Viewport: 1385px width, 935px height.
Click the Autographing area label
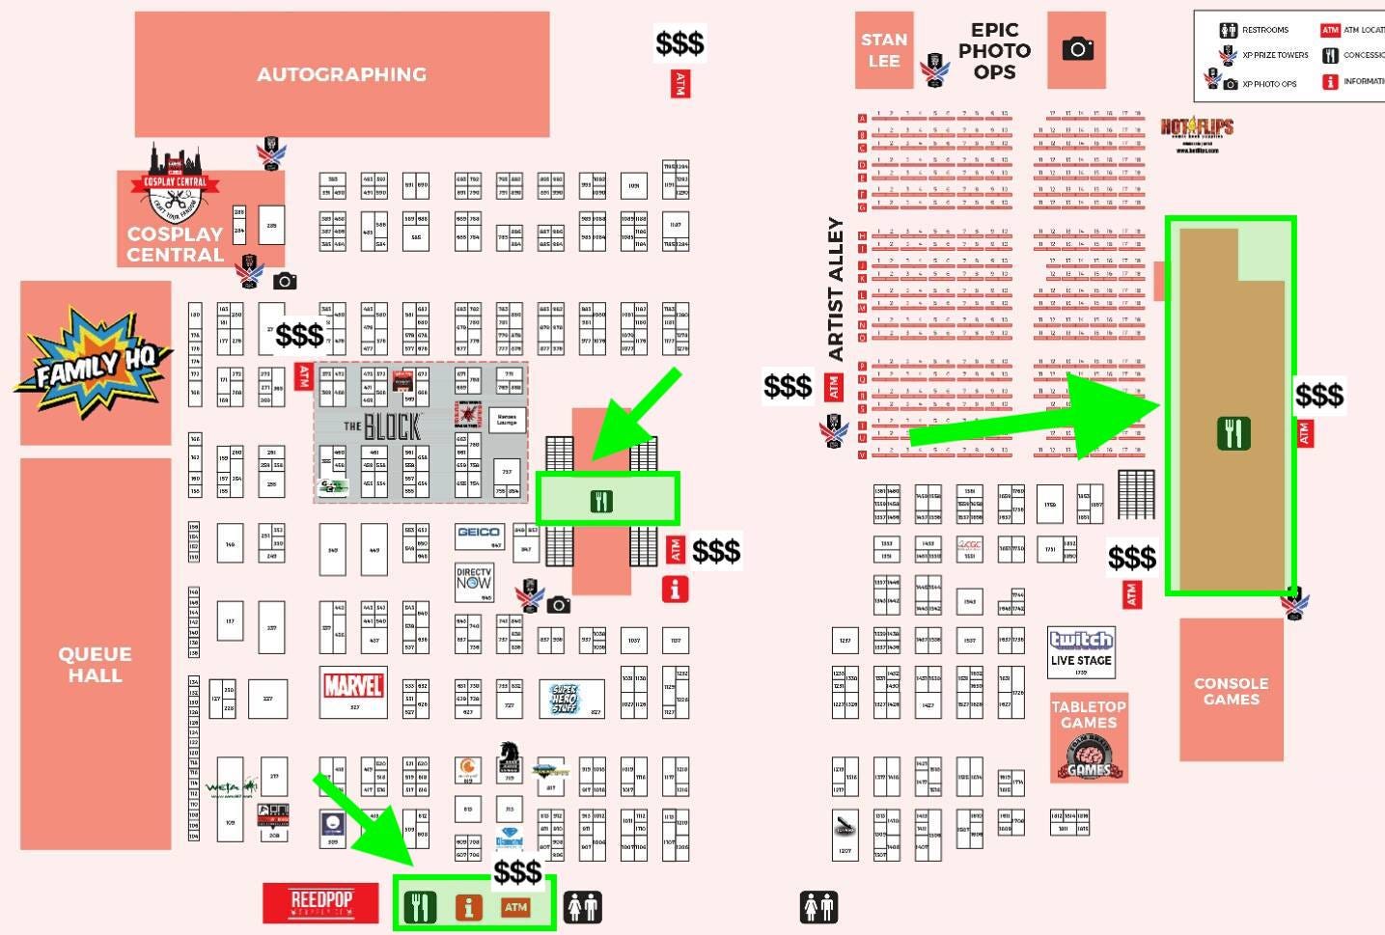342,74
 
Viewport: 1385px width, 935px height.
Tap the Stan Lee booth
884,50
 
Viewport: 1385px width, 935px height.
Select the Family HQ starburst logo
94,363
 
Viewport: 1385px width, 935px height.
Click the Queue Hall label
95,664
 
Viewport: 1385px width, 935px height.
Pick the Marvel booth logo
353,686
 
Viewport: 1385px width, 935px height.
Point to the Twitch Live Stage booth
1081,649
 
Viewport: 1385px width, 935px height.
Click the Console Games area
1231,690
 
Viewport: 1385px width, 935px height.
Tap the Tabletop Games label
1089,714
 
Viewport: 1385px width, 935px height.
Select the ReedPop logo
321,902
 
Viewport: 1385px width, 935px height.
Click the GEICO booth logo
479,533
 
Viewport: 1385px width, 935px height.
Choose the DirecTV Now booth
474,579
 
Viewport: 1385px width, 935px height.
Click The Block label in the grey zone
383,426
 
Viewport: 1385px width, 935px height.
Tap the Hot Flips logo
1197,128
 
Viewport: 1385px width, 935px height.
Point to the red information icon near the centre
675,589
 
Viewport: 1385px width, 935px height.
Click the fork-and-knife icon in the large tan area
1233,433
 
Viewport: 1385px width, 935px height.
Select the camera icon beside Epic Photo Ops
1077,49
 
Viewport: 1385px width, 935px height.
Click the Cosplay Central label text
175,244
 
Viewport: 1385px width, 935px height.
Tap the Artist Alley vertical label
836,289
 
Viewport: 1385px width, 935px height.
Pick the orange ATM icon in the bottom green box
515,907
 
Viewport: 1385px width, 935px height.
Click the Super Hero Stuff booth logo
564,698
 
